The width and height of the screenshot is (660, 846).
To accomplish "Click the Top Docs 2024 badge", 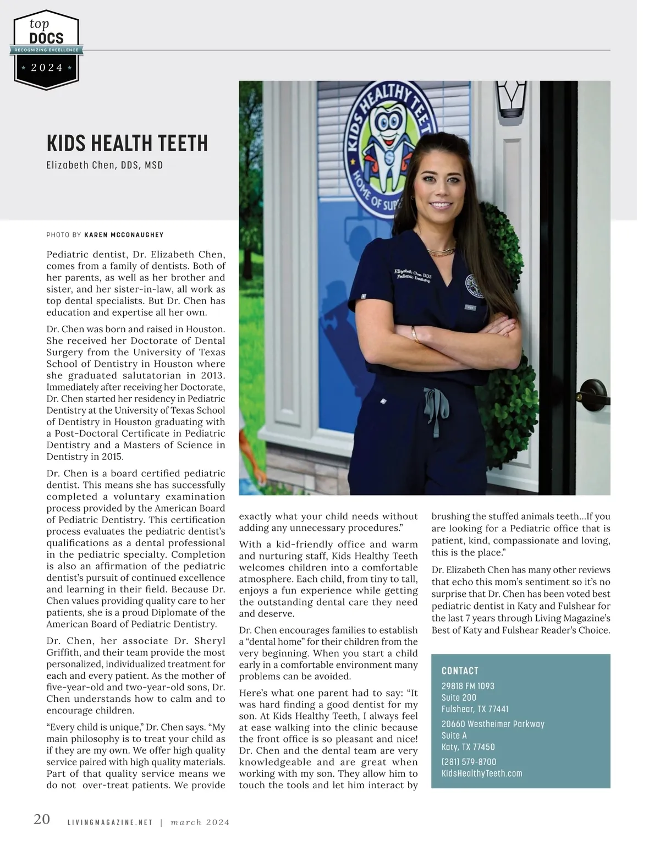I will (x=47, y=49).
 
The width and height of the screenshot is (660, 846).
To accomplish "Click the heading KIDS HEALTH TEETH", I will (x=127, y=144).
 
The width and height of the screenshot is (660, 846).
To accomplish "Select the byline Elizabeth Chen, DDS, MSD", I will (x=105, y=165).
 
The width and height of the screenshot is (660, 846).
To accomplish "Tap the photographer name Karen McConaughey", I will (x=124, y=235).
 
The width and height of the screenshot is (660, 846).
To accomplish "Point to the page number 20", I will (x=42, y=819).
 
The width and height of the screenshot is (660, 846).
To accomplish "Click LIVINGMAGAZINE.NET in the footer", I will (x=109, y=823).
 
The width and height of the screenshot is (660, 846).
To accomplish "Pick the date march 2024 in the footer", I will (x=200, y=823).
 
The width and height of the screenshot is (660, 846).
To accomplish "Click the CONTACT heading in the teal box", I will (x=460, y=671).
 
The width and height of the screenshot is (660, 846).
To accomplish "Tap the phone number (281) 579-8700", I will (x=469, y=762).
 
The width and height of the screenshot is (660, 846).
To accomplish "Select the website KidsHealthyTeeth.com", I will (x=482, y=773).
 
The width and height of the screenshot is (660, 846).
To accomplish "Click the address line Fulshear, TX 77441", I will (x=475, y=709).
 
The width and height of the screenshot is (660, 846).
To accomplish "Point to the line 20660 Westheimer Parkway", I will (x=493, y=724).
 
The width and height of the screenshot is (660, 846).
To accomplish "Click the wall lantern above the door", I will (x=511, y=99).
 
